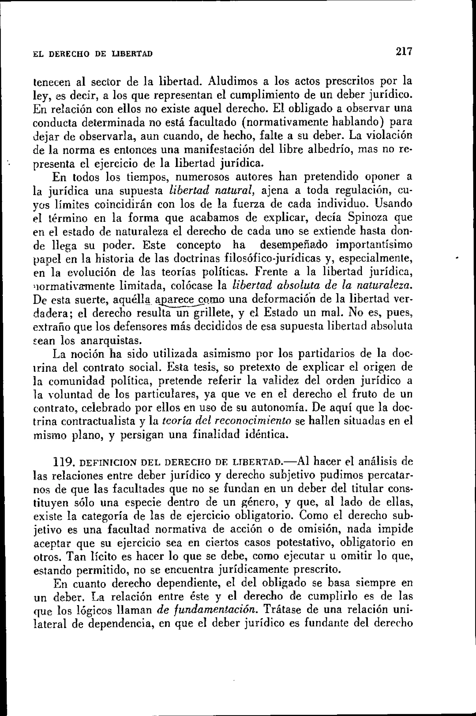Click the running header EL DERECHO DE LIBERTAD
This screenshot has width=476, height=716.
tap(93, 54)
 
